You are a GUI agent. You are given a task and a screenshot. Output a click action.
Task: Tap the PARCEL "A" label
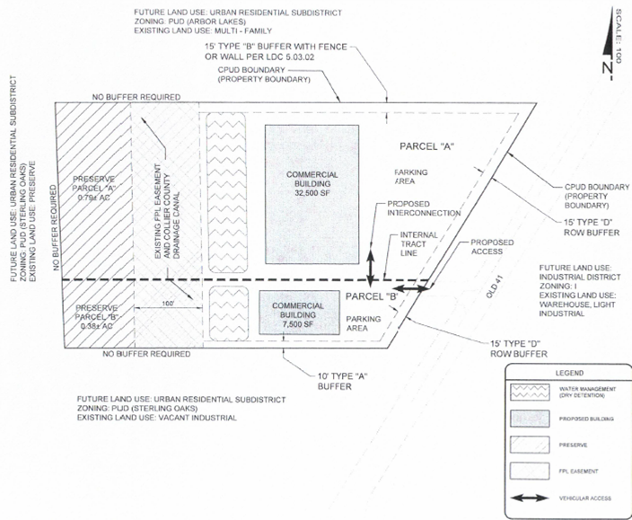[x=425, y=146]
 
